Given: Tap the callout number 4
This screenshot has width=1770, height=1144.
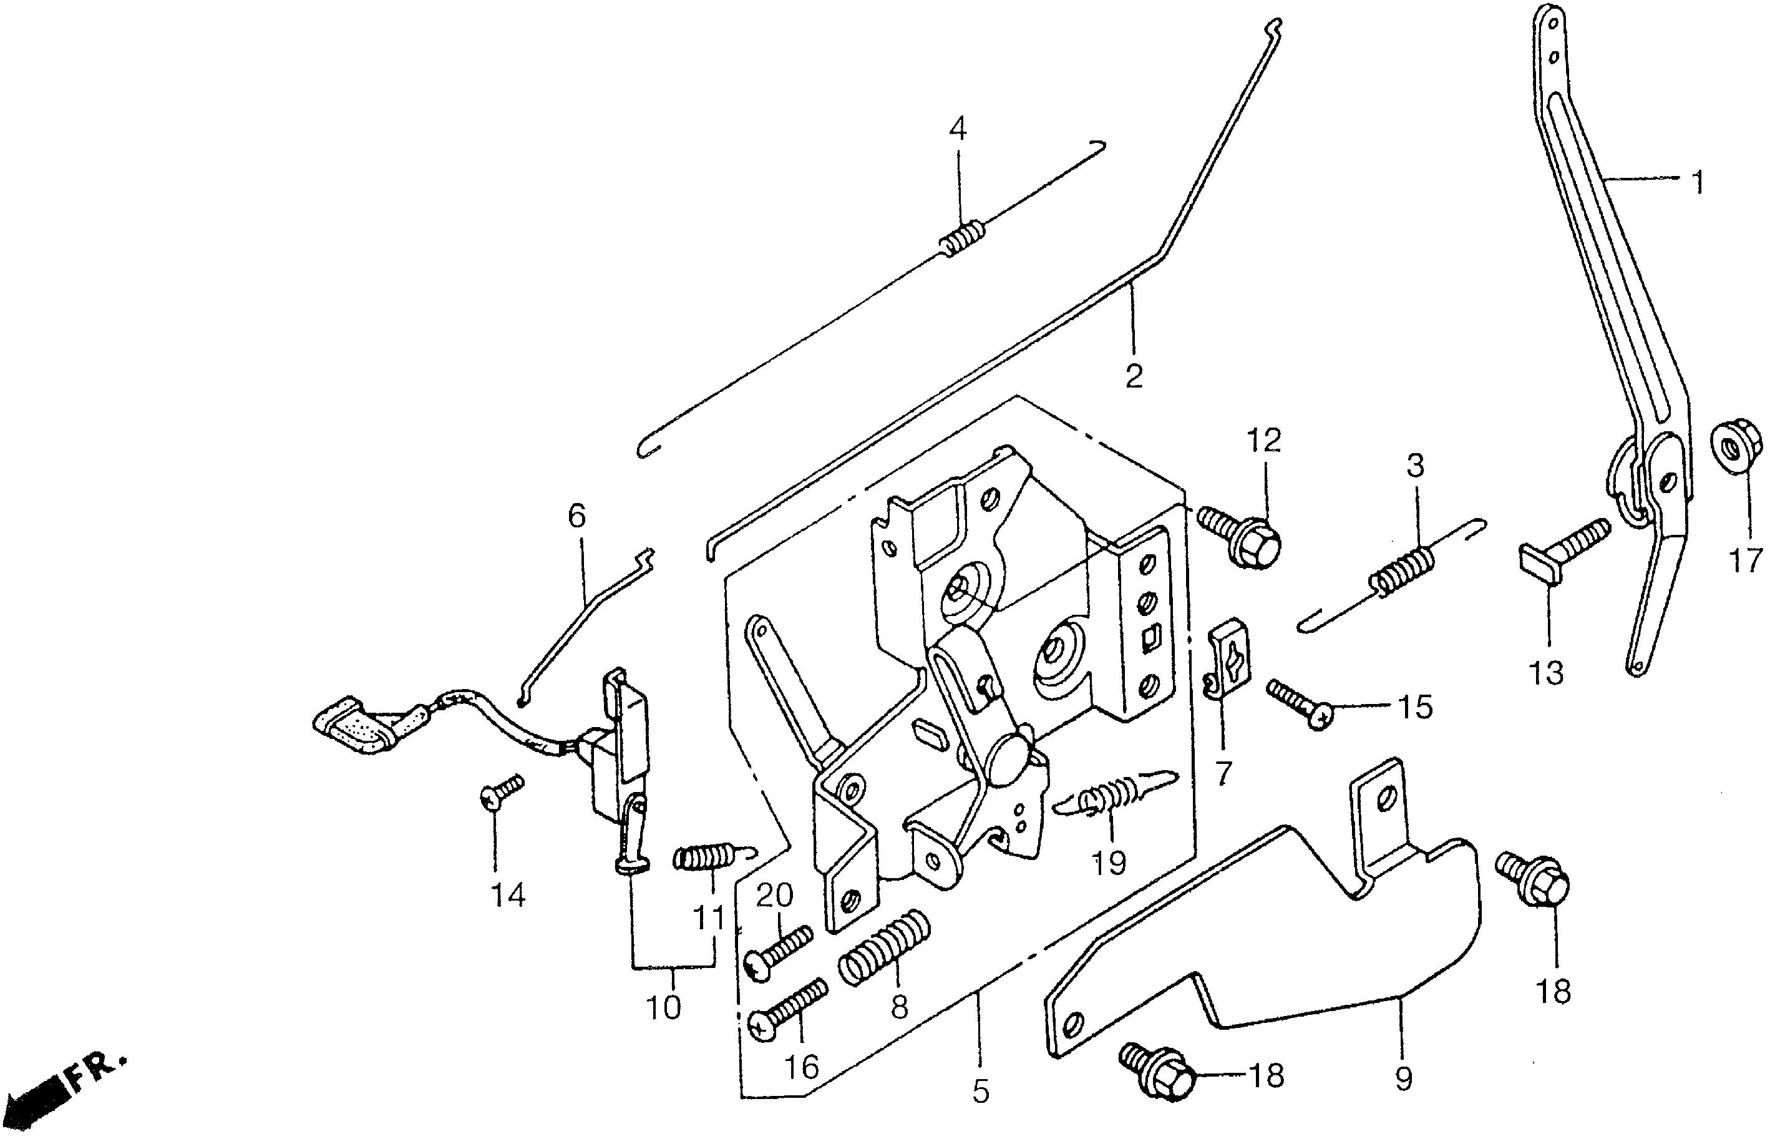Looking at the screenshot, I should tap(958, 129).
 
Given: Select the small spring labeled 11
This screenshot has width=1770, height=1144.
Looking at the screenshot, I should tap(702, 858).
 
